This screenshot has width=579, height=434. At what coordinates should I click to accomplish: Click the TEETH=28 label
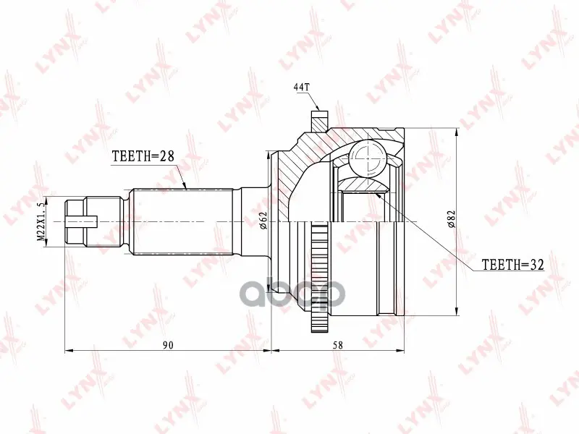(143, 156)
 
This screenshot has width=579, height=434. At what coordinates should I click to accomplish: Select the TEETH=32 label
(513, 264)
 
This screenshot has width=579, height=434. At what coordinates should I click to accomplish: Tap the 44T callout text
(301, 87)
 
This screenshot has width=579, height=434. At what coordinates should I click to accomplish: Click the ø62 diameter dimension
(263, 221)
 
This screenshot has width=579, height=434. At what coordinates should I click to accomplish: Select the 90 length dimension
(168, 345)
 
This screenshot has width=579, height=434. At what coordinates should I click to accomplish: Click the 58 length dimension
(337, 345)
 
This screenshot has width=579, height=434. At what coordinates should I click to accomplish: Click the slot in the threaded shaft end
(81, 221)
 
